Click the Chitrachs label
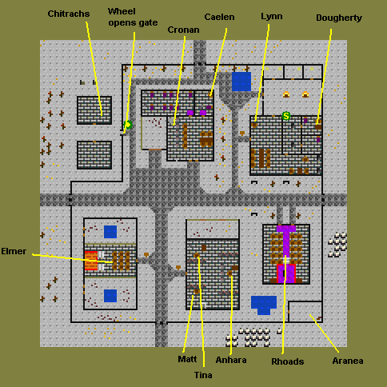click(69, 14)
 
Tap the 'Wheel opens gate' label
click(133, 17)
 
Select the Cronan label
click(183, 30)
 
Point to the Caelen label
click(219, 17)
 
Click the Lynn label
click(272, 17)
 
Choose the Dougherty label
click(339, 18)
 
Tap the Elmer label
click(14, 251)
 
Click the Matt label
click(187, 359)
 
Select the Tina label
click(203, 375)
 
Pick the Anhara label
click(231, 360)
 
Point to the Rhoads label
click(288, 361)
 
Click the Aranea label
click(348, 361)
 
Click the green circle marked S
click(286, 116)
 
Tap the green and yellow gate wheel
click(128, 125)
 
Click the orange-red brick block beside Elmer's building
click(91, 261)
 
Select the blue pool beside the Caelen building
click(241, 82)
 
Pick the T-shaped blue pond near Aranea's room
click(264, 305)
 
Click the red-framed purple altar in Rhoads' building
click(286, 273)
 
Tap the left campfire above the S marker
click(286, 94)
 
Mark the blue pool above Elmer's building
click(110, 232)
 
